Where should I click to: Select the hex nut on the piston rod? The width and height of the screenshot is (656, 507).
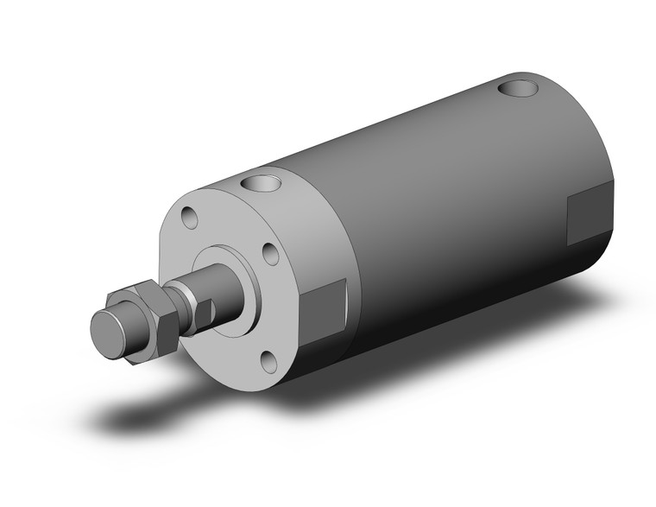tap(148, 320)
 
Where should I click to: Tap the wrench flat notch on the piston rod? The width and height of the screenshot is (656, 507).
tap(202, 312)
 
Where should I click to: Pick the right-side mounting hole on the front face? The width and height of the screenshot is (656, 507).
tap(270, 254)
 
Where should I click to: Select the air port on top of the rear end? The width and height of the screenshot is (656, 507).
tap(520, 87)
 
